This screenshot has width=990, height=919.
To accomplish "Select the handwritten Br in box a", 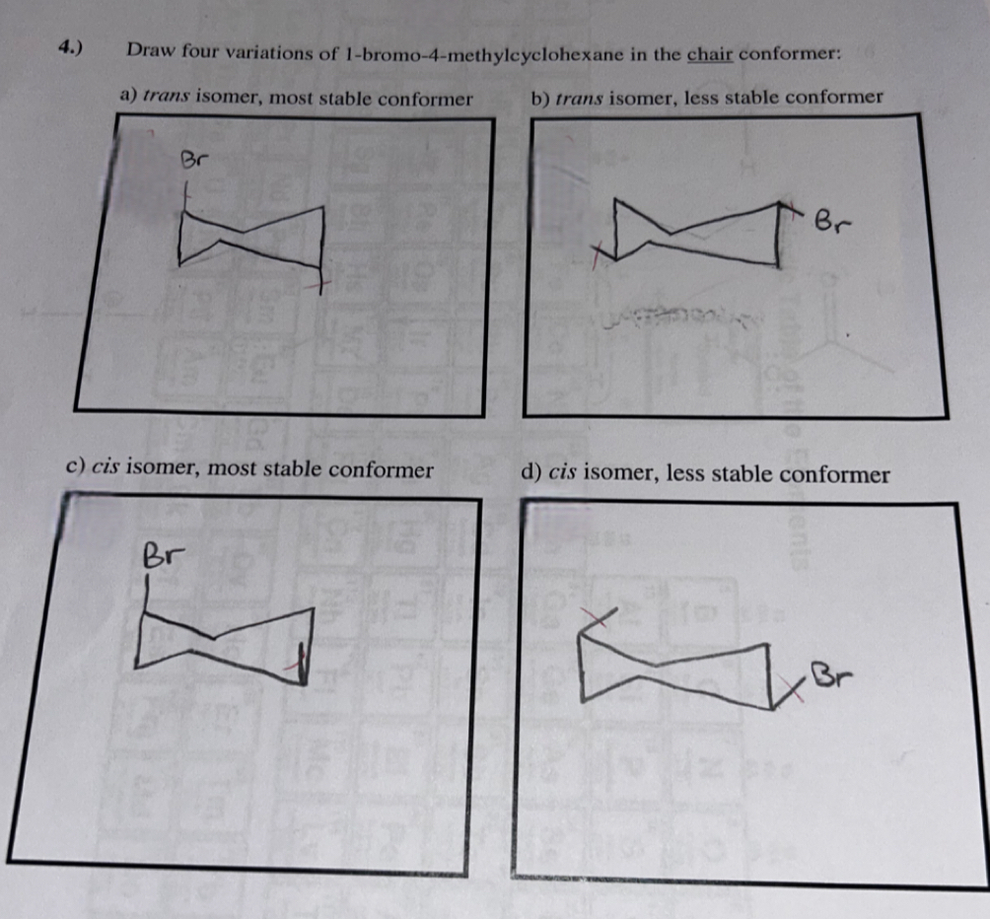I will [195, 160].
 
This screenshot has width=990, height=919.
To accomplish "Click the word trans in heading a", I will [168, 97].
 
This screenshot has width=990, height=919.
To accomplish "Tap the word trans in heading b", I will [578, 98].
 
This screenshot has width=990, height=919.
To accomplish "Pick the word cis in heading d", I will [562, 473].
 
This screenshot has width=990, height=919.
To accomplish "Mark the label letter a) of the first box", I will [127, 97].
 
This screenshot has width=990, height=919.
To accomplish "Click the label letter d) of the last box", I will [530, 473].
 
